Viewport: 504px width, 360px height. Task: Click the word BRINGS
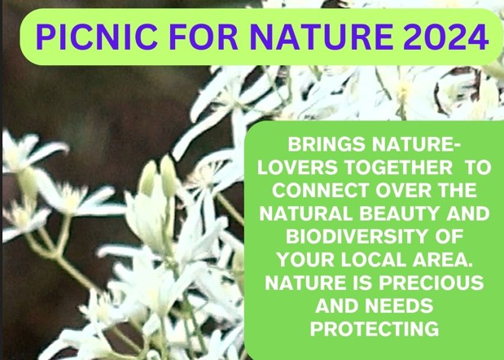pos(327,144)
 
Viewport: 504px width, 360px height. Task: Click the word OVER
pos(403,191)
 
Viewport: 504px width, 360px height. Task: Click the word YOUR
pos(305,260)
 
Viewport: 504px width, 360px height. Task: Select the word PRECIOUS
pos(431,283)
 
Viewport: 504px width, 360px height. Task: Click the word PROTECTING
pos(375,329)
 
